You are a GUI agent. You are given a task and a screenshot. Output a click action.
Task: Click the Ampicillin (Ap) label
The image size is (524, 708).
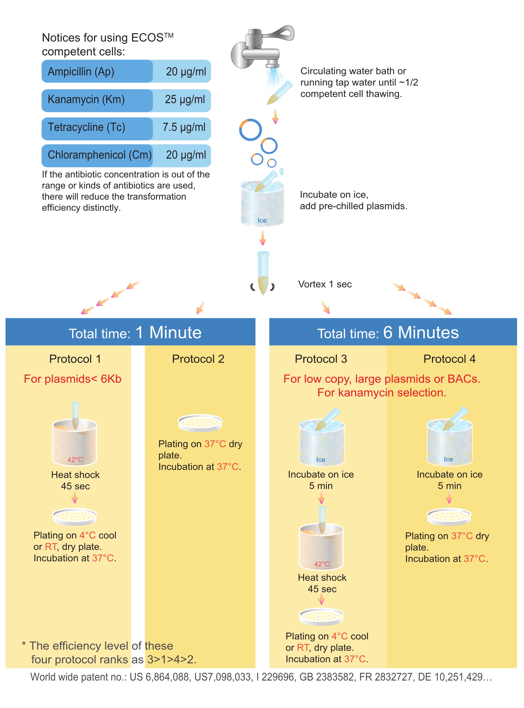(x=81, y=72)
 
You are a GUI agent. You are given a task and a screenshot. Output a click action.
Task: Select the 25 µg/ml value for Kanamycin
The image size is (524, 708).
(x=185, y=100)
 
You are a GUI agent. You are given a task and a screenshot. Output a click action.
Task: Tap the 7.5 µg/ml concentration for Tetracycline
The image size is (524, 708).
(x=184, y=127)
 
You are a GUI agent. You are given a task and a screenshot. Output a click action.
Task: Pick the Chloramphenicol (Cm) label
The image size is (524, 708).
(x=100, y=155)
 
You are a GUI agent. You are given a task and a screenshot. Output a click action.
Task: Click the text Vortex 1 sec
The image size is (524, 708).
(x=325, y=284)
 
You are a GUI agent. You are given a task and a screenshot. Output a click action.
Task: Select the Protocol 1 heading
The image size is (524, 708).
(x=75, y=359)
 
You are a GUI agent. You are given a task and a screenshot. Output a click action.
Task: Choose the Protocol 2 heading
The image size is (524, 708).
(x=198, y=359)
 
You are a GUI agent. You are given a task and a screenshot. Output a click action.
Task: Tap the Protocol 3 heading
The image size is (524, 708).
(x=321, y=359)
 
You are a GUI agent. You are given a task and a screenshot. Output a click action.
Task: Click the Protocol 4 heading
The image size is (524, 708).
(x=449, y=359)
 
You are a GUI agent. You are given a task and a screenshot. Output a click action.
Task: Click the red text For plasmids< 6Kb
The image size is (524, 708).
(x=73, y=379)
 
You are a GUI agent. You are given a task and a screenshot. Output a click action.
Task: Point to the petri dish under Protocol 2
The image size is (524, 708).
(x=200, y=423)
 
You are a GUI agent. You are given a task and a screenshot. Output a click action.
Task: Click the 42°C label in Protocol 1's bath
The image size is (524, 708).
(x=75, y=459)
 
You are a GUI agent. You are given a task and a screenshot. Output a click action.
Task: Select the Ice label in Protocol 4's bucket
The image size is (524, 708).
(x=448, y=459)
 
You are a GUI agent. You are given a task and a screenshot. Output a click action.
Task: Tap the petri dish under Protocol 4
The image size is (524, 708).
(x=449, y=516)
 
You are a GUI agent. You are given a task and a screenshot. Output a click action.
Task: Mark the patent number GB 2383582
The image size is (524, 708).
(x=326, y=677)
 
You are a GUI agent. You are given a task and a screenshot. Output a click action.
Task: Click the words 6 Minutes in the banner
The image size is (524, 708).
(x=421, y=333)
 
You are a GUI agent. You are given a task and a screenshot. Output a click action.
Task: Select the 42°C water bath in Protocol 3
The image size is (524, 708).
(x=322, y=546)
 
